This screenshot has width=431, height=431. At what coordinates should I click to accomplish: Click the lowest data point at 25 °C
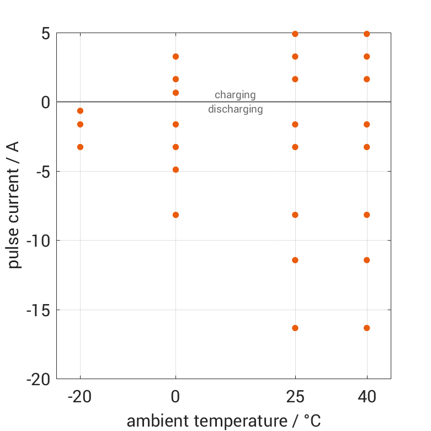(x=295, y=328)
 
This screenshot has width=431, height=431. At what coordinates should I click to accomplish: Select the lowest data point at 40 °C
(x=367, y=328)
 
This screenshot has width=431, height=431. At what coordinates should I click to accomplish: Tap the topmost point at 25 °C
(x=295, y=34)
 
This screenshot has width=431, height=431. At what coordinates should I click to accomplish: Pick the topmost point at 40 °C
(x=367, y=34)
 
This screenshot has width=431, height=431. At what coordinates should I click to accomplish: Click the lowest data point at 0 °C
(x=176, y=215)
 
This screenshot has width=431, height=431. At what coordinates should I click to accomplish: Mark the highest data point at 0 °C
(x=176, y=56)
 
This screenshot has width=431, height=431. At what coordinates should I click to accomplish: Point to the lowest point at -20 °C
(x=80, y=147)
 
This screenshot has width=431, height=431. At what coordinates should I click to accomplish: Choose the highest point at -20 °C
(x=80, y=111)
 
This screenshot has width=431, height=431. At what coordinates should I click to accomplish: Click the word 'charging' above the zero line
(x=235, y=95)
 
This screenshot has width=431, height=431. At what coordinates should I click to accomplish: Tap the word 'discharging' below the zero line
(x=235, y=109)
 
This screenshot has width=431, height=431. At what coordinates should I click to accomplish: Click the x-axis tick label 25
(x=295, y=397)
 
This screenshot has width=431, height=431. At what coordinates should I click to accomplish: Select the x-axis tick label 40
(x=367, y=397)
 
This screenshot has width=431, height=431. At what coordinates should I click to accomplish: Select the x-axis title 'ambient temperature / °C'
(x=224, y=421)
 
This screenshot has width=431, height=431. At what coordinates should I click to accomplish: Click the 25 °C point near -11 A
(x=295, y=260)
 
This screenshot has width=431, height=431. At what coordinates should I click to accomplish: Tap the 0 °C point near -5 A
(x=176, y=169)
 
